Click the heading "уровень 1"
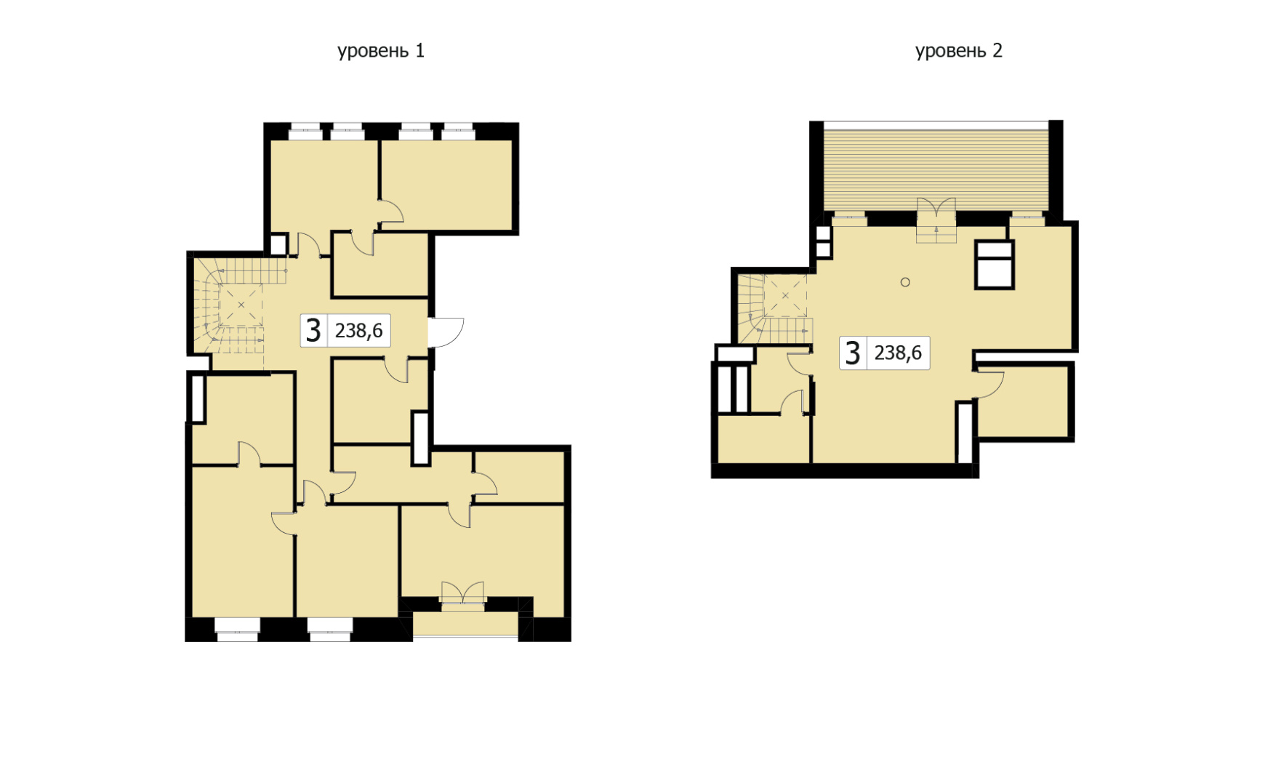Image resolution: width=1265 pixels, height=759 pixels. pos(380,51)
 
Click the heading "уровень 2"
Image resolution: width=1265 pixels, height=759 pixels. pos(958,51)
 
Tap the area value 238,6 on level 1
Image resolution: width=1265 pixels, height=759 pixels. pos(358,331)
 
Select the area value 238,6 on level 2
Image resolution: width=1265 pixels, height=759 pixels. pos(898,353)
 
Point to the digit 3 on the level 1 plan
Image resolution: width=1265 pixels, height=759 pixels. pos(313,331)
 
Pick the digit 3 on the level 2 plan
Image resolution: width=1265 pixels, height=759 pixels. pos(853,353)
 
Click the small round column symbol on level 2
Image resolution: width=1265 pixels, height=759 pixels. pos(905,282)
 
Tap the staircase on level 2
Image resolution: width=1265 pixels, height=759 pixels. pos(775,308)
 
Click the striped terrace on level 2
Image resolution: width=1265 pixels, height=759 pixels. pos(936,166)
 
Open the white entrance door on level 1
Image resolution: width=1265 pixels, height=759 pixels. pos(445,333)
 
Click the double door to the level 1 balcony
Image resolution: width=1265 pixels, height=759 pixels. pos(462,592)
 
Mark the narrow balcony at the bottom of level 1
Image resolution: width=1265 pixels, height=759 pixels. pos(465,625)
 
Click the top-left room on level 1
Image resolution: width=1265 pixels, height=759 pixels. pos(324,186)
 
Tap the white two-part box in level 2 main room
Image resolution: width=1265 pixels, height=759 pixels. pos(994,265)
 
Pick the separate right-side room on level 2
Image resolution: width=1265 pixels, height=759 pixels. pos(1024,402)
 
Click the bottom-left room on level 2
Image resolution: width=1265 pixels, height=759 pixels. pos(764,438)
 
